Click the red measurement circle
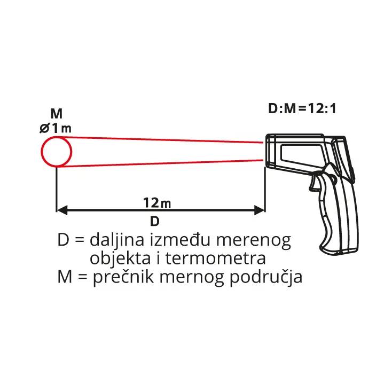click(57, 152)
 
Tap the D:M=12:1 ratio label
click(302, 109)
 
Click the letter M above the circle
click(56, 113)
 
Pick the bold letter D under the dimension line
click(154, 221)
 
